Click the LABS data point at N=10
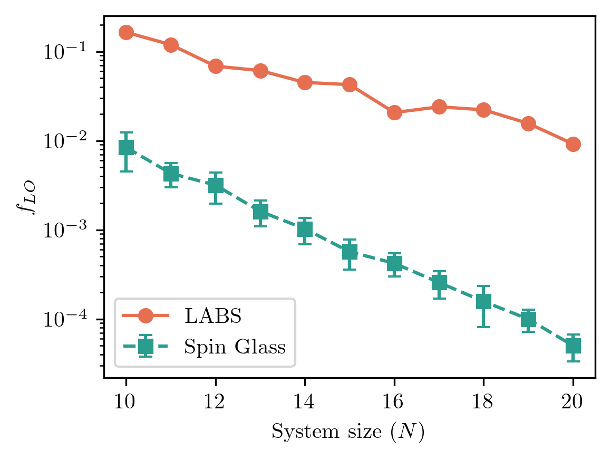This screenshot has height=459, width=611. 126,33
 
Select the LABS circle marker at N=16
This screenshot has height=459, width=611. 394,112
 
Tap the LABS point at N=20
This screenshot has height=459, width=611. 573,144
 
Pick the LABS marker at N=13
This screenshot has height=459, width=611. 260,71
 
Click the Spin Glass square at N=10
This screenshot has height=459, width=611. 126,148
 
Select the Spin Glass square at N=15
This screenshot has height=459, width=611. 350,252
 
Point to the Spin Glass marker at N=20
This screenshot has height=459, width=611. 573,346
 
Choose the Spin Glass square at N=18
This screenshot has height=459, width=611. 483,301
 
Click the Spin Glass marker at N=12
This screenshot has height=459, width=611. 216,186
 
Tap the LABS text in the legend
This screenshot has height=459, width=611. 212,316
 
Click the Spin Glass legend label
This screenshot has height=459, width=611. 235,347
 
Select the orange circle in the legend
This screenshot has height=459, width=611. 146,316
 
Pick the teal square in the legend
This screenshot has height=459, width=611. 146,346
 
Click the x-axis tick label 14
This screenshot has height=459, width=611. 305,404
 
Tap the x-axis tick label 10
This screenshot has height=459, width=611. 126,404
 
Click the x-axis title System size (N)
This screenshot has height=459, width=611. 348,433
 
